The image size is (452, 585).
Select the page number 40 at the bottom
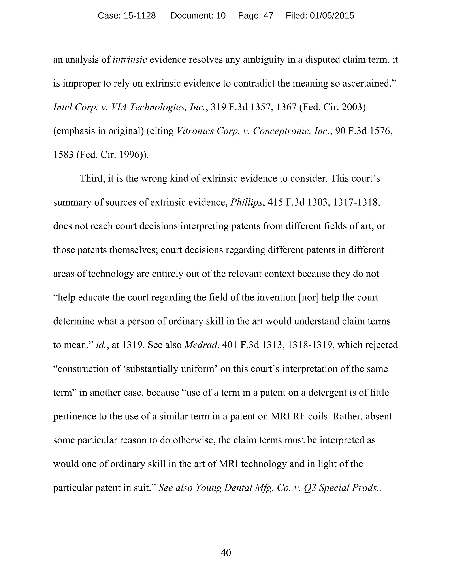226,553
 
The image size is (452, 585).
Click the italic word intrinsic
130,59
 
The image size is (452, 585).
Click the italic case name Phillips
246,202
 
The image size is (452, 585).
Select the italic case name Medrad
201,345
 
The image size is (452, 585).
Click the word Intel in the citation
62,107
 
